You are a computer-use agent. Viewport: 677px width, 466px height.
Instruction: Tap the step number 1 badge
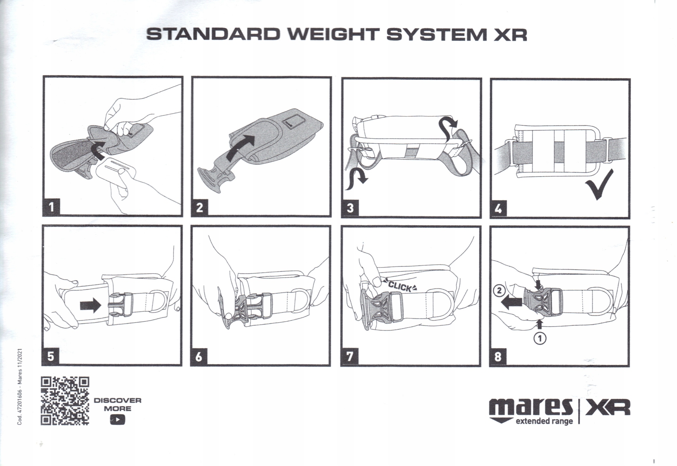point(51,207)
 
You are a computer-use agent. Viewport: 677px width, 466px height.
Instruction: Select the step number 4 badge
point(498,209)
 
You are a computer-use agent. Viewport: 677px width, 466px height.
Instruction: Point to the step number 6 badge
point(199,357)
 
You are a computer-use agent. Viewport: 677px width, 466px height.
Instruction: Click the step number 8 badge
point(498,357)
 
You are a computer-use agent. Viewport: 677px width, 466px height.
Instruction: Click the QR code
point(65,401)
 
